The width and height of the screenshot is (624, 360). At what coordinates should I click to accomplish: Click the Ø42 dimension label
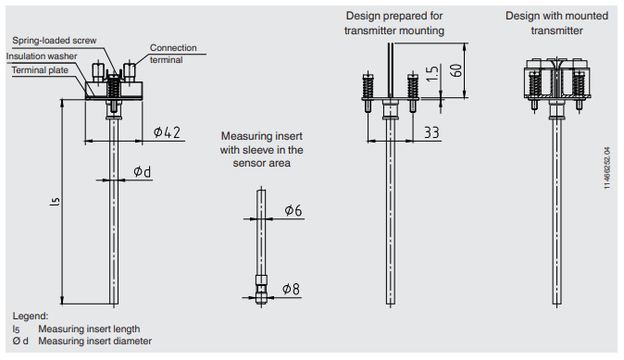point(167,132)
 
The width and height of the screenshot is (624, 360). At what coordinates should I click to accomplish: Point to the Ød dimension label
point(142,171)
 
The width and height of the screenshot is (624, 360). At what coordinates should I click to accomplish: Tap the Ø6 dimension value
point(293,210)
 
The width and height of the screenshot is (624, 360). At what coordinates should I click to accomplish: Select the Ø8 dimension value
point(291,289)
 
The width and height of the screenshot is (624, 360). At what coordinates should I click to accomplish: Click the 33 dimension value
point(431,132)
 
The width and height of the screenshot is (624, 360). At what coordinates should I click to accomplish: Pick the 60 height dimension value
point(456,70)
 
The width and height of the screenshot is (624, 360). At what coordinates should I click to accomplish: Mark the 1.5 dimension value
point(432,74)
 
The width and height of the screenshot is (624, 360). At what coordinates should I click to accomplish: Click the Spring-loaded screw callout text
point(55,41)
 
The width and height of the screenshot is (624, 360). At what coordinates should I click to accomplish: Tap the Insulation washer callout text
point(42,56)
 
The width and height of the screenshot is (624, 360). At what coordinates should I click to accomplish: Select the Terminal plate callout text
point(40,70)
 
